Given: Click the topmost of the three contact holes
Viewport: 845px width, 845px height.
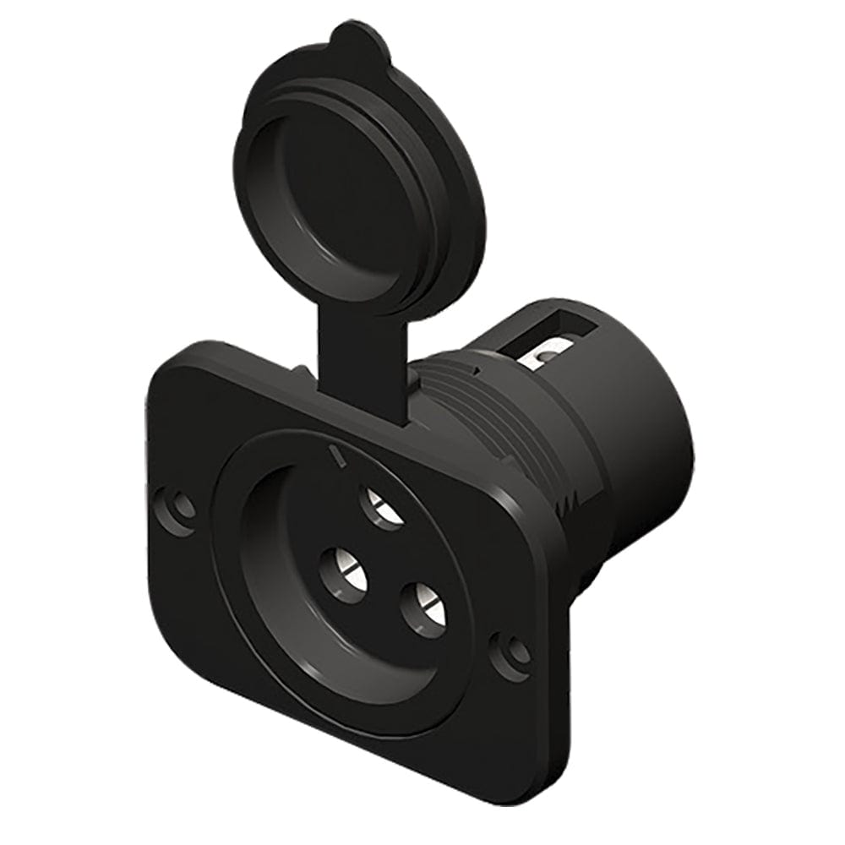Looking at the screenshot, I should (x=382, y=509).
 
